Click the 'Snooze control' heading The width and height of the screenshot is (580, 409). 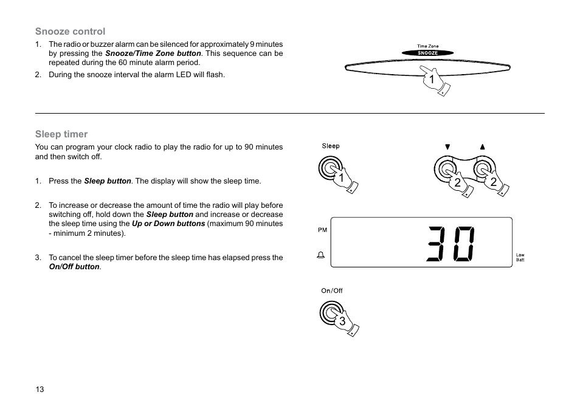point(70,32)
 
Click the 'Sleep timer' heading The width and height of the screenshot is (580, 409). point(61,134)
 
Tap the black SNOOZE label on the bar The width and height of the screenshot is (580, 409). point(427,53)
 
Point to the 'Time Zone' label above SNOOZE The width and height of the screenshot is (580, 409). point(427,46)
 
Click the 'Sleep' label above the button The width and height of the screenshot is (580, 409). point(331,146)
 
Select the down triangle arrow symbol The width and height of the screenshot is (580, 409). point(447,146)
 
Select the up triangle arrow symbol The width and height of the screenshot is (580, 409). point(483,146)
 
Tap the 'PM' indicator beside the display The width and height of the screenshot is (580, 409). point(322,230)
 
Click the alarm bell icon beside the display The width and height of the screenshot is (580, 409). point(320,256)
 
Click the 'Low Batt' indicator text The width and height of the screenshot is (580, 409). point(520,258)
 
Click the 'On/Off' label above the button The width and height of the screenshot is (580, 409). point(332,290)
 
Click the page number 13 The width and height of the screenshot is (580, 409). point(40,390)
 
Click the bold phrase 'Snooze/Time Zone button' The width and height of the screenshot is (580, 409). point(153,53)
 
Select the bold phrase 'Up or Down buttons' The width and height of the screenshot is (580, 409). point(168,224)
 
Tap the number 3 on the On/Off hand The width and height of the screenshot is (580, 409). point(342,321)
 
